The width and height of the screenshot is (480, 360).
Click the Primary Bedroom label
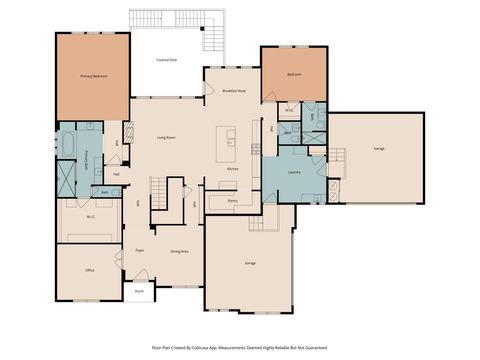tap(94, 76)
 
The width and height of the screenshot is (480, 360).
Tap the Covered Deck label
tap(166, 61)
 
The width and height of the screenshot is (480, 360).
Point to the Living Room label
tap(166, 137)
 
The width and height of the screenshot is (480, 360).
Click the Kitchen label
tap(232, 169)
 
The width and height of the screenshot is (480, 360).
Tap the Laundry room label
tap(294, 173)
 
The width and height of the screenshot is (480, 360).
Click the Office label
tap(89, 270)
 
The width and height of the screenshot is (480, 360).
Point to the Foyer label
tap(140, 251)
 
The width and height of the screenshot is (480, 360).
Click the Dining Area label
tap(179, 251)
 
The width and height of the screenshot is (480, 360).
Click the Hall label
tap(117, 174)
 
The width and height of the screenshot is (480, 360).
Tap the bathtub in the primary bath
tap(67, 146)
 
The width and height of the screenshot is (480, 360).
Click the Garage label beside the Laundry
tap(379, 148)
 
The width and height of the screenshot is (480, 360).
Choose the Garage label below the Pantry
tap(250, 263)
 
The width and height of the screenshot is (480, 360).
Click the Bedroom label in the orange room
tap(294, 75)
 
